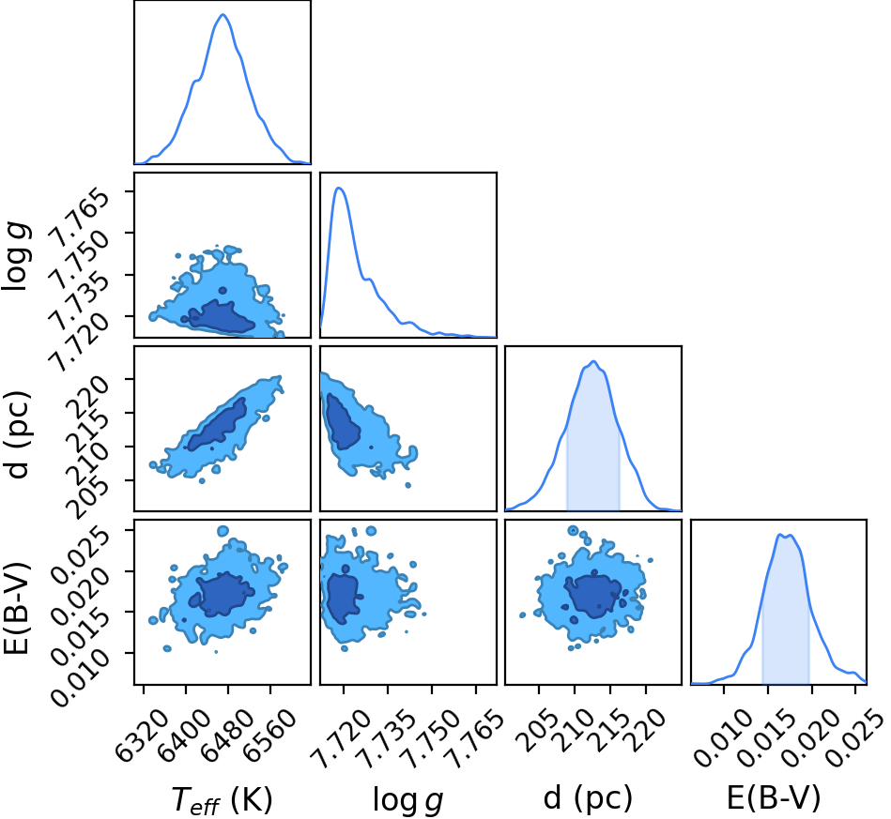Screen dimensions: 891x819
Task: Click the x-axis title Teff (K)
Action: point(223,799)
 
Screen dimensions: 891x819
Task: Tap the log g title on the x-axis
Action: point(407,799)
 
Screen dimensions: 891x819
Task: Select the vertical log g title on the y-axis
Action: point(17,256)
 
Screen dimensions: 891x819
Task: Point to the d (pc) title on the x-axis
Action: point(588,798)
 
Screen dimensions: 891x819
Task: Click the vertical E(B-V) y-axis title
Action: point(16,608)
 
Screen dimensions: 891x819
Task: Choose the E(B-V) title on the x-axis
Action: point(774,798)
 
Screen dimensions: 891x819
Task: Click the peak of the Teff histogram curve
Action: point(223,15)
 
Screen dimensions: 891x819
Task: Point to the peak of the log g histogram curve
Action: point(339,188)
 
